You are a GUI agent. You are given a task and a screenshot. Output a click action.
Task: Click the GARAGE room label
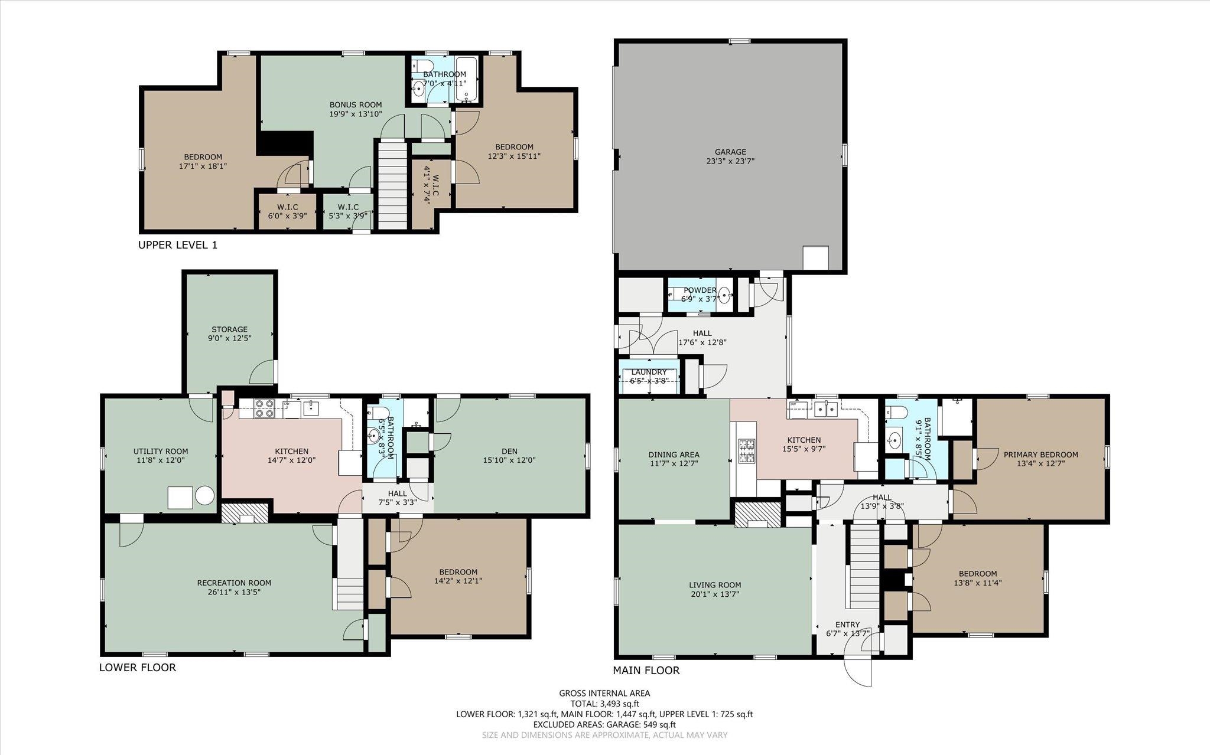(731, 152)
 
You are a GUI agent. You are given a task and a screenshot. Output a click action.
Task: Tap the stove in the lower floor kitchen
(264, 408)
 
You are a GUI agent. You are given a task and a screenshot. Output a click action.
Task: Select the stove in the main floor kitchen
(746, 451)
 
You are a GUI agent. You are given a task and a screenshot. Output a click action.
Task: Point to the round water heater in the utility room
(204, 496)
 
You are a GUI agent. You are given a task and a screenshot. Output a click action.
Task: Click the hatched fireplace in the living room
(757, 514)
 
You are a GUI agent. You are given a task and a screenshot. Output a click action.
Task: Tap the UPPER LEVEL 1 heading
(177, 244)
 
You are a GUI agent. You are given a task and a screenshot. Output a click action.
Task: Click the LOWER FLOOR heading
(138, 668)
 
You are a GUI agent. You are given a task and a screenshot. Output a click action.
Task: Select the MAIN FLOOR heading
(646, 671)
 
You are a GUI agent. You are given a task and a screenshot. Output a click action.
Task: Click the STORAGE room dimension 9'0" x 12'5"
(230, 339)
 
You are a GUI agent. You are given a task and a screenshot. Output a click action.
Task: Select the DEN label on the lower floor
(509, 452)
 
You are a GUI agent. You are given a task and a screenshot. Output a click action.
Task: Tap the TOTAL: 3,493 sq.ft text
(604, 704)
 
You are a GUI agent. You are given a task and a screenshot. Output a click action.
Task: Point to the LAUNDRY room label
(649, 372)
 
